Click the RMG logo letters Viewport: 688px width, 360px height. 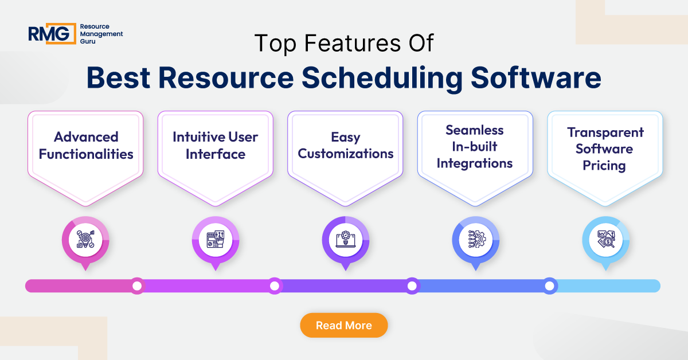pos(52,33)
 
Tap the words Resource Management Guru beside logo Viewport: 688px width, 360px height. pos(101,34)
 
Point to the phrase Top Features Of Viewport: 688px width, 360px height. pos(343,44)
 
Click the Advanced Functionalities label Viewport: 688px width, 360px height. pos(86,146)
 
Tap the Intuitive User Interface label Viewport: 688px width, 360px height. pos(216,146)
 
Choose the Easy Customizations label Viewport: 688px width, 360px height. pos(346,146)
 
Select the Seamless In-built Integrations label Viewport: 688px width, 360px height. pos(475,147)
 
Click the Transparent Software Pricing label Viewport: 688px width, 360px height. pos(605,149)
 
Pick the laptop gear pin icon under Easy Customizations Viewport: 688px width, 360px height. pos(346,240)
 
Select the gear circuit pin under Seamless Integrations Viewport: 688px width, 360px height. pos(475,240)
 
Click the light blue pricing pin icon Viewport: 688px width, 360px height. pos(605,240)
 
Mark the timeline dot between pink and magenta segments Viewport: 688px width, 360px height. pos(136,285)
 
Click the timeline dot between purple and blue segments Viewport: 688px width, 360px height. pos(412,285)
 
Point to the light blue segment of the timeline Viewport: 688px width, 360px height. pos(608,285)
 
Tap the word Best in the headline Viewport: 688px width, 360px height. pos(119,79)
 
